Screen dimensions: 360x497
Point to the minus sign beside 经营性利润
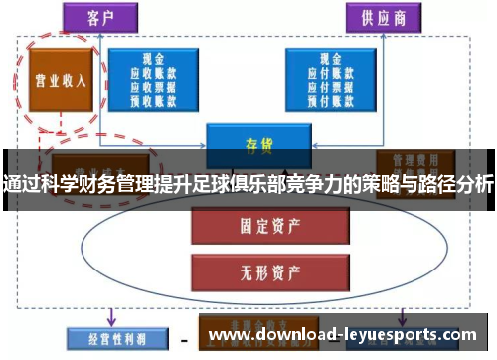[183, 338]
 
